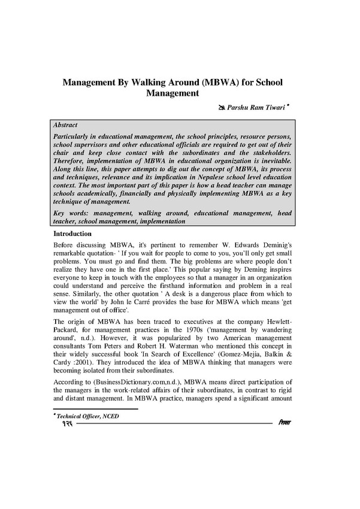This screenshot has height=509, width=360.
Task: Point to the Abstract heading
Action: pyautogui.click(x=65, y=126)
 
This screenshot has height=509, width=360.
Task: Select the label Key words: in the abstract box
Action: pyautogui.click(x=69, y=212)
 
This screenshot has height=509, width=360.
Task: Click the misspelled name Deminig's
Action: pyautogui.click(x=273, y=246)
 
